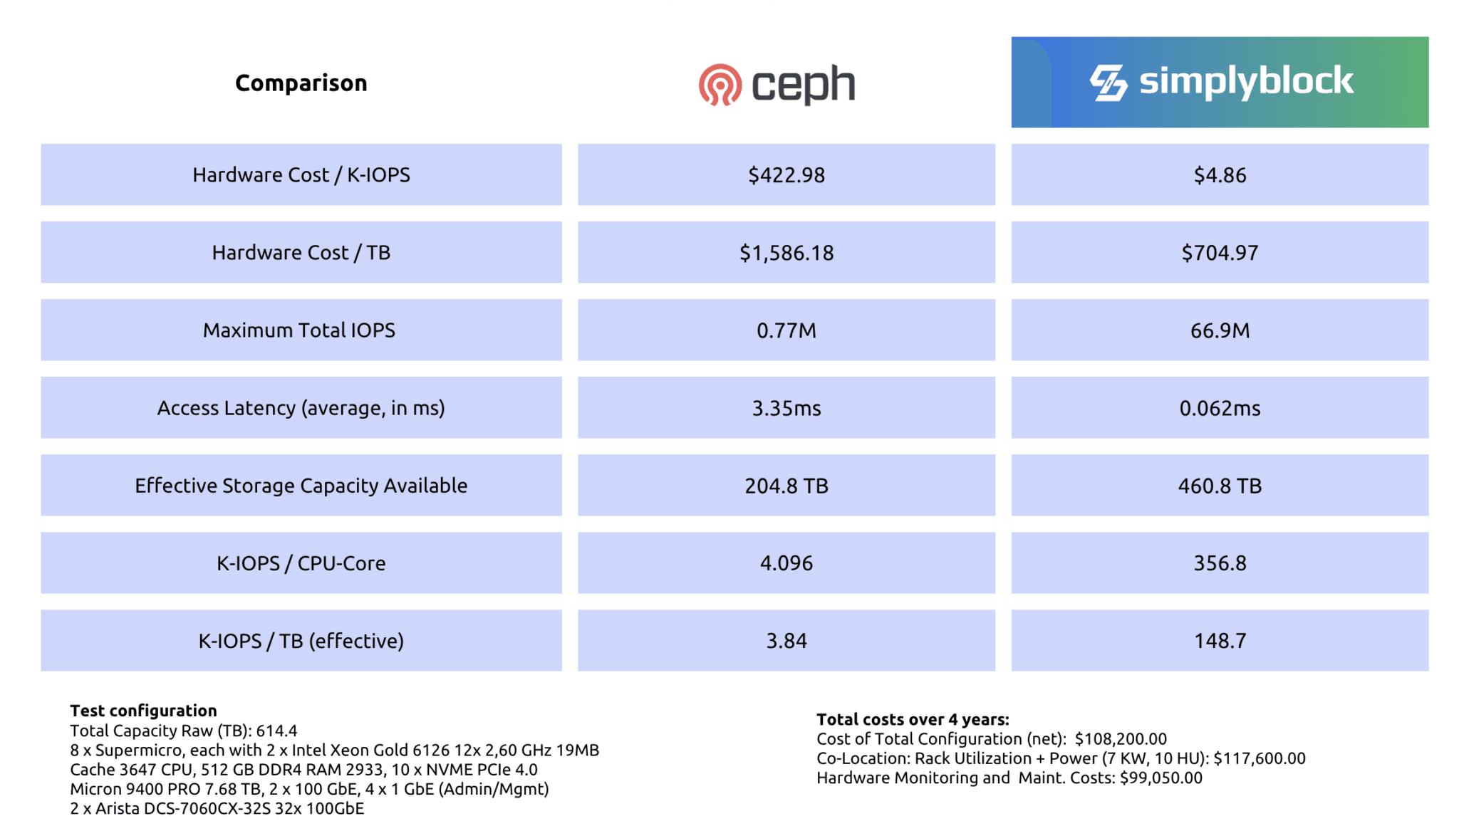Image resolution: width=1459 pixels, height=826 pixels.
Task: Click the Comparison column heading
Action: [x=301, y=83]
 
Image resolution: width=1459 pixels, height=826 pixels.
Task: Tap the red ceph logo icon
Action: [x=720, y=85]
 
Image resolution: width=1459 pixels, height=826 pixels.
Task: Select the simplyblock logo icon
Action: [x=1108, y=83]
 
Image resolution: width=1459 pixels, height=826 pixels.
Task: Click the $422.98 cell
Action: [x=786, y=175]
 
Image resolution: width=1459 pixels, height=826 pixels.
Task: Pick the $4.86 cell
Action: [x=1220, y=175]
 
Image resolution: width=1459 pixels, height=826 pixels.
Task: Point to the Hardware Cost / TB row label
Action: [x=301, y=253]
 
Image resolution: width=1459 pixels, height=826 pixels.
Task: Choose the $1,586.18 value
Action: [x=786, y=253]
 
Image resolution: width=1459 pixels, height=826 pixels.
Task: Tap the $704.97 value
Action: [x=1220, y=253]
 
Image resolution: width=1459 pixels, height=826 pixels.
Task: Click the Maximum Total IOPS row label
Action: [x=298, y=330]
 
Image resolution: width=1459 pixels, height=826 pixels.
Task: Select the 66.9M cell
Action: [x=1220, y=330]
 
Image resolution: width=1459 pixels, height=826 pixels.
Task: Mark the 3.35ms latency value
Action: [x=786, y=408]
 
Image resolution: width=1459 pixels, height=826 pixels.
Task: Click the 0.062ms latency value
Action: [x=1220, y=408]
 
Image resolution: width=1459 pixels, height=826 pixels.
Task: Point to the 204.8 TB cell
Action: [x=786, y=486]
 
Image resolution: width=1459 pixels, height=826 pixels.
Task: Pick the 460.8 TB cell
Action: [x=1220, y=486]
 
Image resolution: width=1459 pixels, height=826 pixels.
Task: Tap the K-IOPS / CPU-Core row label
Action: [x=301, y=563]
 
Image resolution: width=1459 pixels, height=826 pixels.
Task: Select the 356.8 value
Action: [x=1220, y=563]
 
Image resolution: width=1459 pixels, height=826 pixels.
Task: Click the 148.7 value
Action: [x=1220, y=641]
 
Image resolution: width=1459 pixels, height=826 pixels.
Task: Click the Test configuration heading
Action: [x=143, y=711]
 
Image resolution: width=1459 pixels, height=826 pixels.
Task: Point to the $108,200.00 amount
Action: [x=1121, y=739]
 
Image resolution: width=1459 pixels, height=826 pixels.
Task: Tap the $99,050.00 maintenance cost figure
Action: [x=1161, y=778]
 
